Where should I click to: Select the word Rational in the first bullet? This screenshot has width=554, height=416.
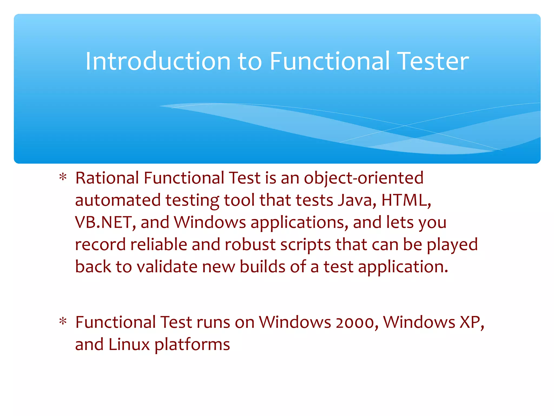click(107, 178)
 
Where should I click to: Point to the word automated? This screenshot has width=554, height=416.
click(118, 200)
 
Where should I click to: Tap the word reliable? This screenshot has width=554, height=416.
click(159, 245)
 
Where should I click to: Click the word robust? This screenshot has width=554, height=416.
click(250, 245)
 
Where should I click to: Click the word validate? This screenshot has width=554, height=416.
click(167, 267)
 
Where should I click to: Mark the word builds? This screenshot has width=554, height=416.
click(262, 267)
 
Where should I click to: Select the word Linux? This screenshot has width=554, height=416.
click(129, 345)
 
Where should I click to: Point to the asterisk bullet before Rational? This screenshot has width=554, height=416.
click(63, 178)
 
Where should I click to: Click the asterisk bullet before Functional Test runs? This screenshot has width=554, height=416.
click(63, 322)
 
